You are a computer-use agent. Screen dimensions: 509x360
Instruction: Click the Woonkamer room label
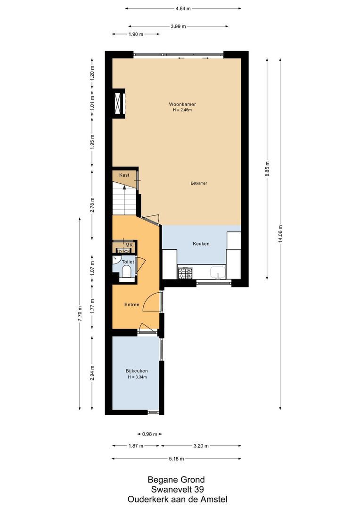pos(182,104)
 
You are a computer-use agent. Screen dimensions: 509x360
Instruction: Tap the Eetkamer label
pos(199,183)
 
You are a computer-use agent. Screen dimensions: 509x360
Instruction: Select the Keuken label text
pos(201,244)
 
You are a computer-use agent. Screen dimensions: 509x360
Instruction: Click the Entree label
pos(132,304)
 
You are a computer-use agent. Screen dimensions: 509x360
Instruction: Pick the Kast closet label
pos(124,175)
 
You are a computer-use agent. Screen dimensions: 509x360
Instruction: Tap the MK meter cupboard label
pos(129,245)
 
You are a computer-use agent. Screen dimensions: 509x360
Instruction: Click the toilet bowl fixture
pos(126,271)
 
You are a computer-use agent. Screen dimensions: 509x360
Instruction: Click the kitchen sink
pos(218,272)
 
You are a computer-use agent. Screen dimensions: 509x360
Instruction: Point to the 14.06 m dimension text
pos(280,233)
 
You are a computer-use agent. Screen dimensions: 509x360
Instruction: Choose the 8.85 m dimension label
pos(267,168)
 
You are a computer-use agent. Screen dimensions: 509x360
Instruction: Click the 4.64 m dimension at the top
pos(183,8)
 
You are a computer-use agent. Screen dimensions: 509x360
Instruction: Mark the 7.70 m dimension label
pos(80,313)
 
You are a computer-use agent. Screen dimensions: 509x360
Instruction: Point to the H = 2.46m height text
pos(182,110)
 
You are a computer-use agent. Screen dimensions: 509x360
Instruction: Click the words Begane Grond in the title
pos(176,480)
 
